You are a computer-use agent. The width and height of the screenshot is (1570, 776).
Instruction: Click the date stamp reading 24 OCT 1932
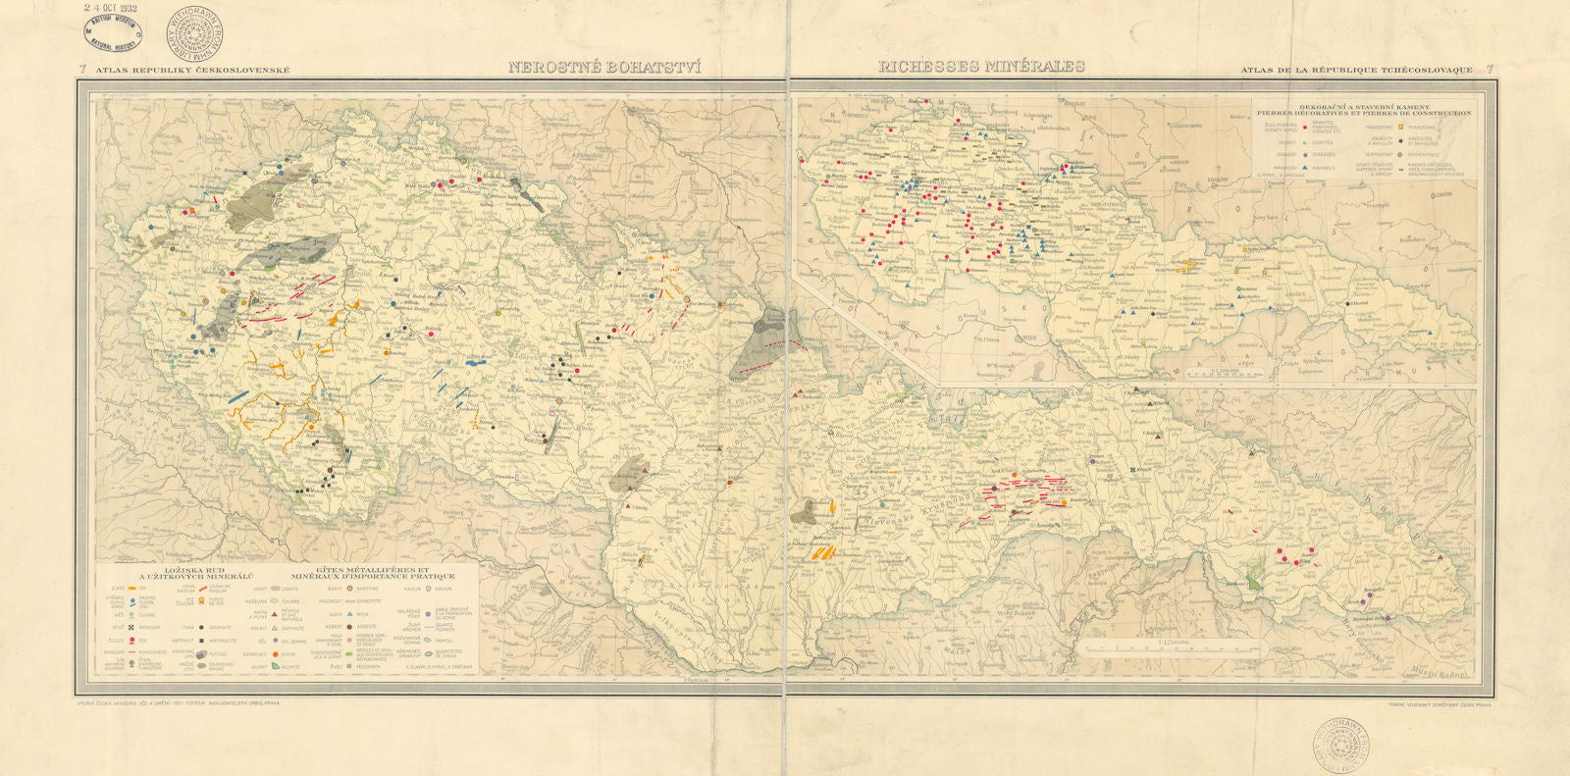(110, 8)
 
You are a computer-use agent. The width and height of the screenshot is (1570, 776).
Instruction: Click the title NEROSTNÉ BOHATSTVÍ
(604, 68)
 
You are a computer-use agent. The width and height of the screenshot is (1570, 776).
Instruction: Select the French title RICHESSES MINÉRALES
(981, 67)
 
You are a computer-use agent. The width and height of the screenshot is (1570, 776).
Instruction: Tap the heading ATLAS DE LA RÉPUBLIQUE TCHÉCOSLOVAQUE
(1356, 70)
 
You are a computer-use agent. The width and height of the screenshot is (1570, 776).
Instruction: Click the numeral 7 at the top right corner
(1490, 70)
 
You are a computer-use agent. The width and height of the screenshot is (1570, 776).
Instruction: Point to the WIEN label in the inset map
(1030, 337)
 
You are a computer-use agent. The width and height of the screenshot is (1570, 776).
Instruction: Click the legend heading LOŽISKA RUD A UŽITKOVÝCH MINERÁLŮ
(195, 574)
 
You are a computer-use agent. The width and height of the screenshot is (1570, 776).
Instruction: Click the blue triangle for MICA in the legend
(350, 614)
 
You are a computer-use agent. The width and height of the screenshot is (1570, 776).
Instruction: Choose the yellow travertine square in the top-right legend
(1400, 127)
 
